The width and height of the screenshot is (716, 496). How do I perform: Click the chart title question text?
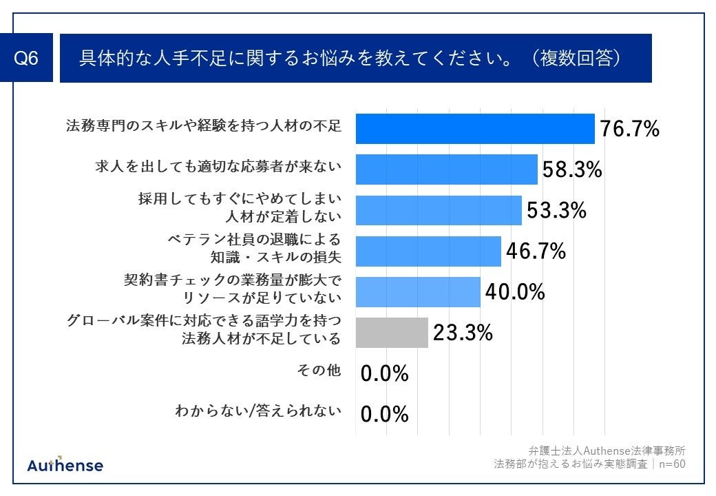click(351, 59)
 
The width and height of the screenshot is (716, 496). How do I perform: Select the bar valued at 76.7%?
click(474, 129)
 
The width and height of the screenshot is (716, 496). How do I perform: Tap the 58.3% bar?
click(446, 169)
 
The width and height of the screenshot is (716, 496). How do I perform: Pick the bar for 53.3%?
click(438, 210)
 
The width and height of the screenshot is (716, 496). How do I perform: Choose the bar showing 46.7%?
click(428, 251)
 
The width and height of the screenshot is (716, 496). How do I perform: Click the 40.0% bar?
click(417, 292)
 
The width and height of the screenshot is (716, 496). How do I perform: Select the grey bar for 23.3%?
click(391, 333)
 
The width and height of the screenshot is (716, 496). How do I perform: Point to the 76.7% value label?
click(629, 129)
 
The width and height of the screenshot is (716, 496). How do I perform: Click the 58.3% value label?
click(571, 169)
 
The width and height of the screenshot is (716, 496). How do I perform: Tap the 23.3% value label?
click(463, 333)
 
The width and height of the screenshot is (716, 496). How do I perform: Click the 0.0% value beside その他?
click(385, 373)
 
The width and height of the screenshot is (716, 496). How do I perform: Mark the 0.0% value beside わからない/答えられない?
click(385, 414)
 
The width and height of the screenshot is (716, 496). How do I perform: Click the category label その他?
click(319, 371)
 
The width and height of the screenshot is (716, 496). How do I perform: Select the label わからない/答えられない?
click(258, 411)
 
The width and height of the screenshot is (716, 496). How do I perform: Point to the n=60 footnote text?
click(671, 464)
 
